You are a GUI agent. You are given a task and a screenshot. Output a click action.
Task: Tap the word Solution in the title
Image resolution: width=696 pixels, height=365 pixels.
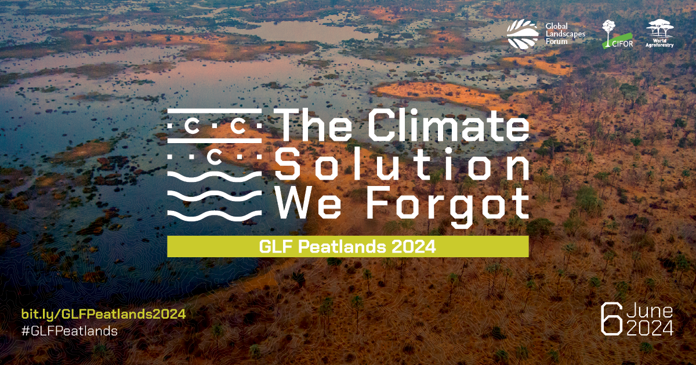(x=402, y=163)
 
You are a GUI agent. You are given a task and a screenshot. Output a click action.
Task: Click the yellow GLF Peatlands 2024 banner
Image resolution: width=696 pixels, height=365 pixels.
(x=347, y=247)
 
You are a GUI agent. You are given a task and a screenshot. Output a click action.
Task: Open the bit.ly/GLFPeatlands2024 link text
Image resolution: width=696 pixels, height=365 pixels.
(x=103, y=314)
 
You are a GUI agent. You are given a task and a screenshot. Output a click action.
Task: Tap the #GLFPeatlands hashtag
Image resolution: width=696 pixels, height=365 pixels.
(x=70, y=331)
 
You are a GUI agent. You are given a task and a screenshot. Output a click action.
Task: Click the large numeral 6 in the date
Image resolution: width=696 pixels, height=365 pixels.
(x=611, y=320)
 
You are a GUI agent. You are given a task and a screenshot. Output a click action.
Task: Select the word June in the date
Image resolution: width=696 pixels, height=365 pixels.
(x=650, y=311)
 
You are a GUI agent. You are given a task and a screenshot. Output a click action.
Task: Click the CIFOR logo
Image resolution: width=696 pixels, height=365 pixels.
(x=617, y=34)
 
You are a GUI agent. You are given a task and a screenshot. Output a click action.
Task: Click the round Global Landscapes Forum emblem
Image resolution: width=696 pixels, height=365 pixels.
(x=523, y=34)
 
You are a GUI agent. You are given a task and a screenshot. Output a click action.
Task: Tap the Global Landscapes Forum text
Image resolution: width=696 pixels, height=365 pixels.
(x=565, y=34)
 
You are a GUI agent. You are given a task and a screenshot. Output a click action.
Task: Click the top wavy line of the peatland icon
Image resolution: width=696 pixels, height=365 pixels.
(x=215, y=176)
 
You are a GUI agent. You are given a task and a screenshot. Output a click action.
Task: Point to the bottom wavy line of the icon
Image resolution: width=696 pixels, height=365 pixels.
(x=215, y=215)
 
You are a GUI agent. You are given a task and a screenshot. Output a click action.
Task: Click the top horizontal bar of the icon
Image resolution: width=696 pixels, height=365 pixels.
(x=215, y=111)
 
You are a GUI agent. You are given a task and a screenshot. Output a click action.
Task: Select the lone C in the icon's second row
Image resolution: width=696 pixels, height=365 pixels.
(x=215, y=158)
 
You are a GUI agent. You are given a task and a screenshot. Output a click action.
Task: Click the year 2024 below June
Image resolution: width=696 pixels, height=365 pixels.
(x=650, y=328)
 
